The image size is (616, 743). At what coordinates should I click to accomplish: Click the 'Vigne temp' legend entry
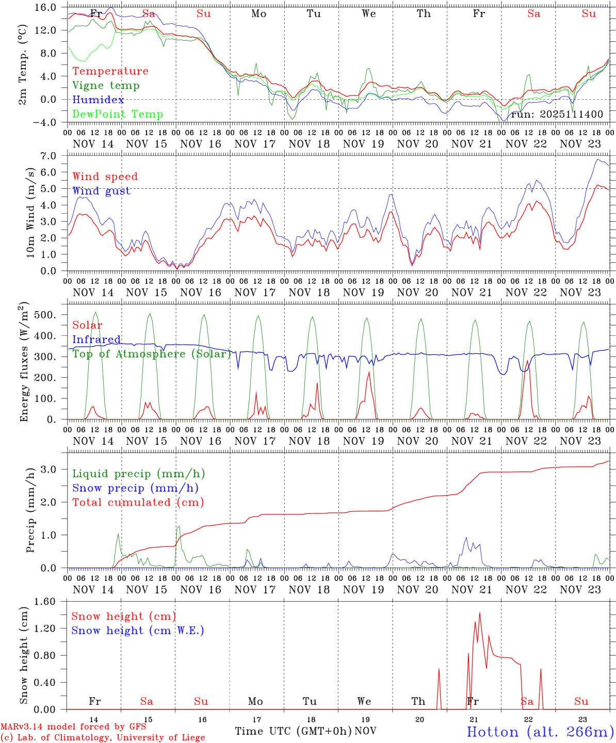point(106,86)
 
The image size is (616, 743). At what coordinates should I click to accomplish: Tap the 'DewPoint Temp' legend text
point(118,115)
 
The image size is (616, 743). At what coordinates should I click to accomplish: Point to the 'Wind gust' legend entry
point(101,191)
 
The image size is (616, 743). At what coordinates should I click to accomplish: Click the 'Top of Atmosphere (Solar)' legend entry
point(152,354)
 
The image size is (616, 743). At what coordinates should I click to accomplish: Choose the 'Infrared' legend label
point(96,340)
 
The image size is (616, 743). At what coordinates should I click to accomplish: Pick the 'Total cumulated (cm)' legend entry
point(138,503)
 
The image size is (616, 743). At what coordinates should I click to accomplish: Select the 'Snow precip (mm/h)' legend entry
point(135,488)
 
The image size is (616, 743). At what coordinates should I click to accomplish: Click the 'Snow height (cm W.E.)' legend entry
point(138,631)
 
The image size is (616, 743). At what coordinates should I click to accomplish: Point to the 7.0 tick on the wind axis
point(53,156)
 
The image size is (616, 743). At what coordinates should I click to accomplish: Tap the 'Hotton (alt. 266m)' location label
point(540,732)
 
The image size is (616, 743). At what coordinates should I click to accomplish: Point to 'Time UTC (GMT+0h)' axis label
point(293,731)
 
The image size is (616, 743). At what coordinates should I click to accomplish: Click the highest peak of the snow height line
point(480,613)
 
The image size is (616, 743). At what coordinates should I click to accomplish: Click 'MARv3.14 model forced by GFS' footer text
point(73,727)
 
